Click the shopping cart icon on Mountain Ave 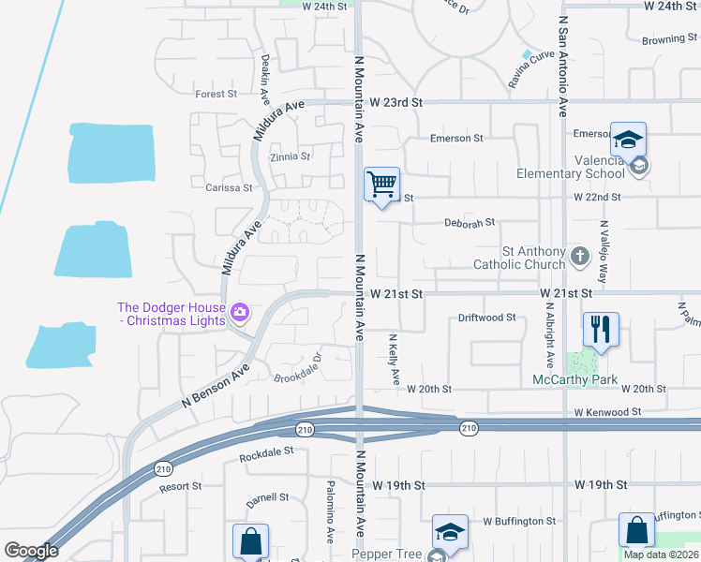pos(381,184)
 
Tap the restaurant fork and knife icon pos(600,329)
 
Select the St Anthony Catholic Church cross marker pos(580,256)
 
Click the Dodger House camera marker pos(241,311)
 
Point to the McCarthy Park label pos(574,379)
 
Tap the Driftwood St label pos(486,318)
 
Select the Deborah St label pos(469,223)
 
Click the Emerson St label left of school pos(455,139)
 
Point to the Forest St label pos(216,94)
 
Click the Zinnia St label pos(290,157)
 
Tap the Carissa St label pos(229,187)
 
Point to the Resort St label pos(180,486)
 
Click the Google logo pos(31,551)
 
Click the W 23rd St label pos(396,102)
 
